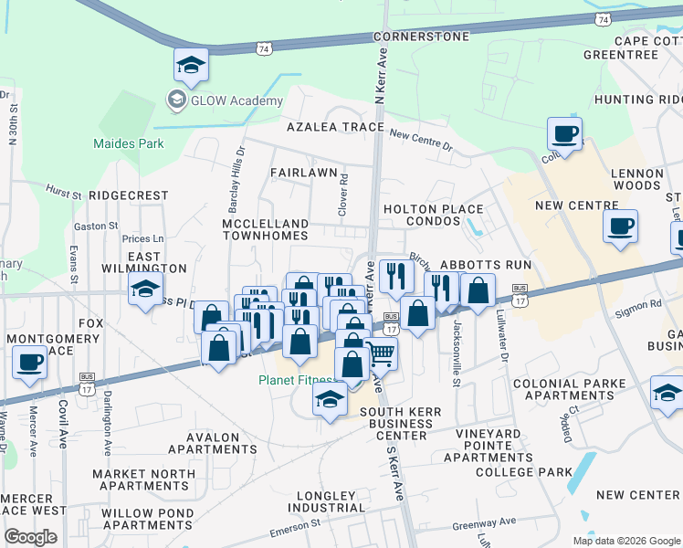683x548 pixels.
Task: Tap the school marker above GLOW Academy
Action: pos(192,64)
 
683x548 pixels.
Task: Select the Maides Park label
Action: pos(129,143)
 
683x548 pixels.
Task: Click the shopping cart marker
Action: pos(382,353)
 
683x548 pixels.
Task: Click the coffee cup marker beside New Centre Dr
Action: pos(564,134)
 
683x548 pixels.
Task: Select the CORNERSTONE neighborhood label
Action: pos(421,37)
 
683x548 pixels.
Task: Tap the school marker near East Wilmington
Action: pos(144,291)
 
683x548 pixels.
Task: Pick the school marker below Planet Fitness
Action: pos(330,398)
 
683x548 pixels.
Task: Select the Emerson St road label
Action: pos(295,528)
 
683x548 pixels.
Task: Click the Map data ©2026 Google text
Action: pos(626,541)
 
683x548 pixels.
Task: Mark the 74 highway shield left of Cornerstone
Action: pos(264,47)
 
